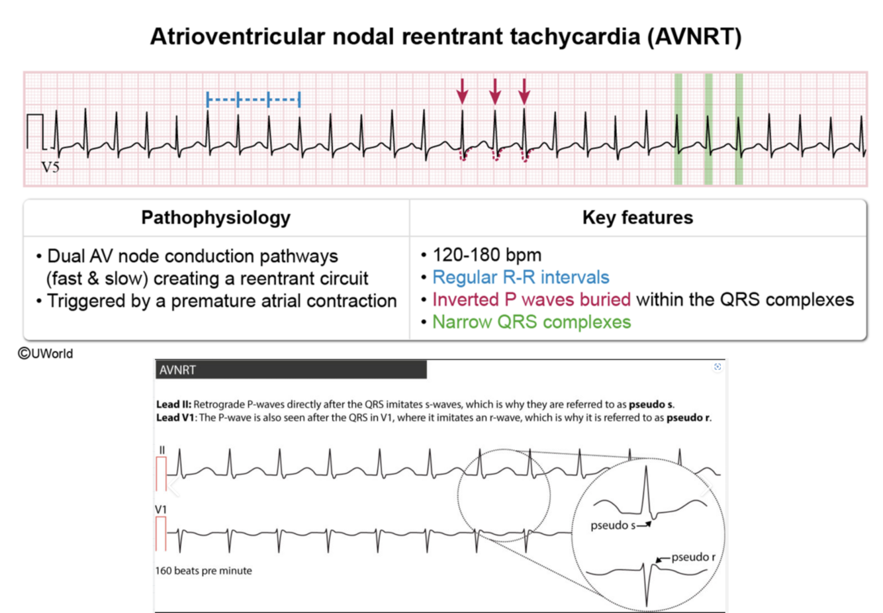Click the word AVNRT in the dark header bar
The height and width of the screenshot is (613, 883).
coord(177,370)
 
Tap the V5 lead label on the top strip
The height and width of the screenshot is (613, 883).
coord(51,167)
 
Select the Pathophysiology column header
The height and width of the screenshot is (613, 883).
coord(216,218)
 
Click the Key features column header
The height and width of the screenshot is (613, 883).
coord(637,218)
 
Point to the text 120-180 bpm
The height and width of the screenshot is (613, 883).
coord(487,255)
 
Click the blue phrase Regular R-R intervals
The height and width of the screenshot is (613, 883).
coord(520,277)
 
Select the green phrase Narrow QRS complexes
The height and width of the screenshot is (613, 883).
coord(532,322)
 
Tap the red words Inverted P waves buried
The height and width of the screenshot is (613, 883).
coord(531,300)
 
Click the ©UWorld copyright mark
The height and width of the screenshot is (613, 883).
coord(46,354)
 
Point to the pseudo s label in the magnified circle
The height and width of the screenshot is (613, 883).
coord(612,526)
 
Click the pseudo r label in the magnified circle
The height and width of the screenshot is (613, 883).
coord(693,557)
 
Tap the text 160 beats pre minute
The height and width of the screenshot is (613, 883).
coord(204,571)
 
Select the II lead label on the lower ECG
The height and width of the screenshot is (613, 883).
coord(162,450)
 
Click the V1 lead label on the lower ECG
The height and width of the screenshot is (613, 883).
coord(161,509)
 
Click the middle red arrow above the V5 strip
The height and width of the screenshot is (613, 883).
coord(494,91)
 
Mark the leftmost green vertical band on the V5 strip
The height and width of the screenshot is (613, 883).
coord(678,129)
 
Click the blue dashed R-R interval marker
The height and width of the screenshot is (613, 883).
coord(254,100)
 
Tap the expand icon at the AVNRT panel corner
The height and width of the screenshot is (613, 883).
coord(718,367)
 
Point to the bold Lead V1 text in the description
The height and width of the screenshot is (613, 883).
coord(176,418)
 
